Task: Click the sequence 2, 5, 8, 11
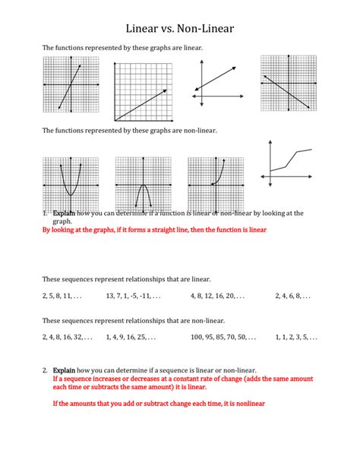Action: pos(62,296)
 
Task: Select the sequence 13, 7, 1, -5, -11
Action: pos(133,296)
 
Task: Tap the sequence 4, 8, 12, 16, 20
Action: pos(218,296)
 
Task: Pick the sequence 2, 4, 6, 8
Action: pos(293,296)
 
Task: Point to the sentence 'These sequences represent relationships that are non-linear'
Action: pos(133,321)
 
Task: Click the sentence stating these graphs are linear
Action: pos(122,47)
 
